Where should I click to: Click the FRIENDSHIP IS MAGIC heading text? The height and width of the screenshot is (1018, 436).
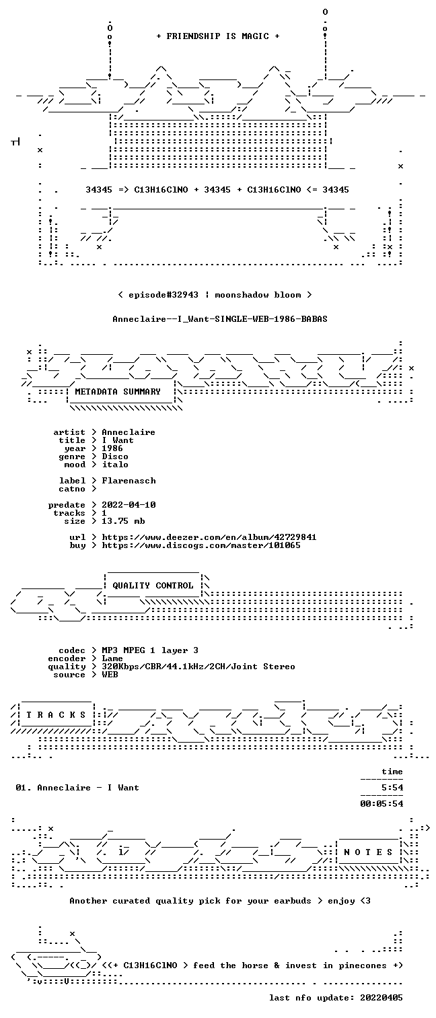pos(217,36)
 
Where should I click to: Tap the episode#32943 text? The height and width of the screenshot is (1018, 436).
pos(163,295)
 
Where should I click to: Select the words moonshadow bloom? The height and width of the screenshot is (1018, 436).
pos(258,295)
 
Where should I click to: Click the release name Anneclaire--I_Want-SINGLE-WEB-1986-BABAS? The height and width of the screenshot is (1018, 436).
pos(220,319)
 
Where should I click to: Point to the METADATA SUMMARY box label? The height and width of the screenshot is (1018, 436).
pos(118,392)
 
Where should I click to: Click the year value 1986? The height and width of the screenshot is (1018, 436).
pos(112,448)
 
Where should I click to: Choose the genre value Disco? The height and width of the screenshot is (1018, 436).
pos(115,456)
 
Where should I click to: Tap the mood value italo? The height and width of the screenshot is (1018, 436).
pos(115,465)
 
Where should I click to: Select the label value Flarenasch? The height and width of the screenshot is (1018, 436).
pos(129,481)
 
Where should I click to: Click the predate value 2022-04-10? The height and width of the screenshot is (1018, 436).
pos(129,506)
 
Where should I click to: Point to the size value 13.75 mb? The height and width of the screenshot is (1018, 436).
pos(123,521)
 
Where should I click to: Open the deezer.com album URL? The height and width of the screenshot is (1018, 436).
pos(209,538)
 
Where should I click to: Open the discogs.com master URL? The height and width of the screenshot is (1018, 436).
pos(201,546)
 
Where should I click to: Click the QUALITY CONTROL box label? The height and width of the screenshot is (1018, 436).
pos(153,586)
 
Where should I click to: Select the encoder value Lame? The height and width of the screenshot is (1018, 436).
pos(112,659)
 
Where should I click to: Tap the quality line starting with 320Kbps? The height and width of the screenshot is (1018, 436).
pos(198,667)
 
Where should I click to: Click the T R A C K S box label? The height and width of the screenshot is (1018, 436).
pos(56,715)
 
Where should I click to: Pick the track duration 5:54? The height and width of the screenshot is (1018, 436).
pos(392,788)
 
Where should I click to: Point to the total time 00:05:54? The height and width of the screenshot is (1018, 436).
pos(381,804)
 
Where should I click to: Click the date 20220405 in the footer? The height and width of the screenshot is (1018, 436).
pos(381,998)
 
